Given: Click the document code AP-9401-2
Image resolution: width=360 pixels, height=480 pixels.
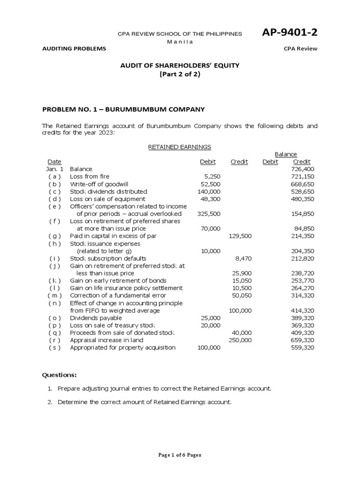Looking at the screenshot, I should point(289,33).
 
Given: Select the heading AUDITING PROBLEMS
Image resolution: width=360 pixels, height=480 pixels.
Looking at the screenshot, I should point(74,49).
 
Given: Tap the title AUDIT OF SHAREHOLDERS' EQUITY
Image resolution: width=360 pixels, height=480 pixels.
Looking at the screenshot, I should point(180,66).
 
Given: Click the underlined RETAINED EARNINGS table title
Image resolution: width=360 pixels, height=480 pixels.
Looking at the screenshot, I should point(180,147).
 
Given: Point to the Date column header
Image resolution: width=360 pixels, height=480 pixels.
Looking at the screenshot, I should point(54,162).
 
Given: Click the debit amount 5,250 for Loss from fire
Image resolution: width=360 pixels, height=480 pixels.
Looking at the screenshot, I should point(212,177).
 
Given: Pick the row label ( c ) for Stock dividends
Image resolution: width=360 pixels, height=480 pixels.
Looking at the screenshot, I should point(54,192).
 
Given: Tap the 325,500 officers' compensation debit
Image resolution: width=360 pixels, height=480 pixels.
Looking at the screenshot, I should point(209,214).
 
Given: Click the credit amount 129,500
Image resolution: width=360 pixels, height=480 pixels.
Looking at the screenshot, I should point(240,236).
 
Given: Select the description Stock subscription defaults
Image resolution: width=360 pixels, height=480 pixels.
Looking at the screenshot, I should point(108,258).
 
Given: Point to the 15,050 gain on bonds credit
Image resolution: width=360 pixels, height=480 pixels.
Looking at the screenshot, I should point(242,281).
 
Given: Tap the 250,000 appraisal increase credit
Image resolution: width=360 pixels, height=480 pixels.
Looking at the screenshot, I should point(240,340).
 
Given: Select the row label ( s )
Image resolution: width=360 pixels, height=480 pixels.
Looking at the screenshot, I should point(54,347).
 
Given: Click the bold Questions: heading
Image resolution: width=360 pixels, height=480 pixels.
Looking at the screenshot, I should point(60,375).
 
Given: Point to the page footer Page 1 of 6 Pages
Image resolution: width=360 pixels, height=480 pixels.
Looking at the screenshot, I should point(180,455).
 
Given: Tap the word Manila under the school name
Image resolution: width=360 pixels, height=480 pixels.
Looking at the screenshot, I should point(180,41).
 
